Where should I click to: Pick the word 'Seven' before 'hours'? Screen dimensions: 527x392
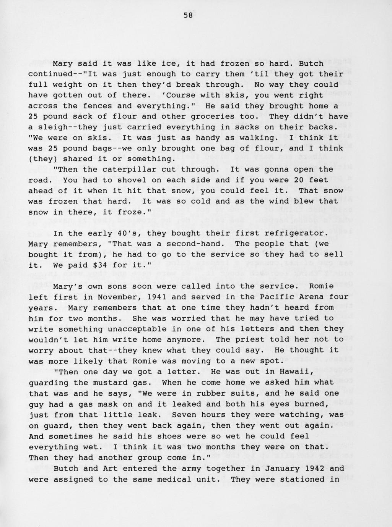[184, 414]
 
